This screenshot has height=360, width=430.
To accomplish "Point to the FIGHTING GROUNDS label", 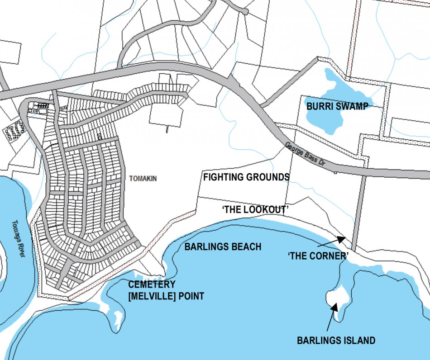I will pos(246,177).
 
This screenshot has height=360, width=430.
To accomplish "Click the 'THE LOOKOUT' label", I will pos(256,210).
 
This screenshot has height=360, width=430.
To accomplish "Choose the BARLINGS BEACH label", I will pos(223,246).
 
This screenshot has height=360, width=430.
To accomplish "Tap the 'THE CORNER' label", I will pos(318,255).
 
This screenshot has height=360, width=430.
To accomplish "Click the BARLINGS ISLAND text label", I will pos(336,340).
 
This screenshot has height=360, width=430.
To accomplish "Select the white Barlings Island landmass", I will pos(337,296).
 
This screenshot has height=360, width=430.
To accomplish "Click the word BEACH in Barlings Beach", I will pos(248,246).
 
